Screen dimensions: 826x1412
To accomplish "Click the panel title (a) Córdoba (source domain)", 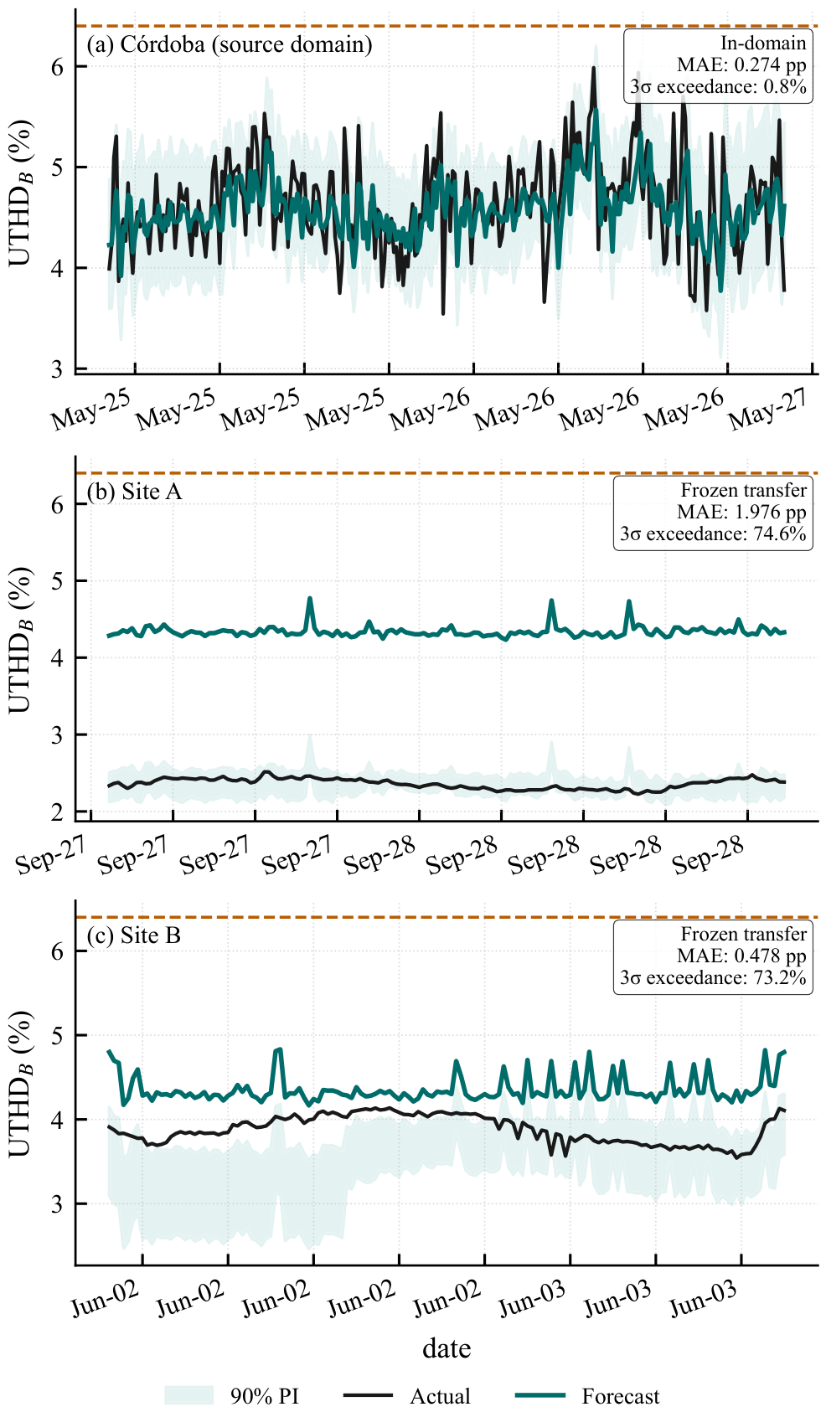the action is pos(230,44).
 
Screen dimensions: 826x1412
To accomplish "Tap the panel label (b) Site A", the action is pos(134,492).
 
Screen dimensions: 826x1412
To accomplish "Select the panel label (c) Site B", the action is pos(134,935).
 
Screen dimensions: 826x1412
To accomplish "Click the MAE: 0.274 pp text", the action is pos(741,65).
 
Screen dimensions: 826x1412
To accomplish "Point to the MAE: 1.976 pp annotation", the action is pos(741,512).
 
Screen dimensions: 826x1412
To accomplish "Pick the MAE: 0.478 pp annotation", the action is pos(741,956).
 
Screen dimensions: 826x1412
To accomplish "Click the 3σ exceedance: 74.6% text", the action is pos(713,534).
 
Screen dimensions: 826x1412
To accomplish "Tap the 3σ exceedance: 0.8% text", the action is pos(718,86).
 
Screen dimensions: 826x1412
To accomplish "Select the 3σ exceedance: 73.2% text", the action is pos(713,977).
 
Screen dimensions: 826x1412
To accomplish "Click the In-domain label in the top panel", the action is pos(763,43).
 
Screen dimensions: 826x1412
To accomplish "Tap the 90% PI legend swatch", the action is pos(189,1396).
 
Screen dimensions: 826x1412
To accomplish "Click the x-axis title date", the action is pos(447,1349).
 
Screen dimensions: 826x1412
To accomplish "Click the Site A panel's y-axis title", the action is pos(20,640).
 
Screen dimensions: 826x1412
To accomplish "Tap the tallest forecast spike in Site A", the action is pos(310,598).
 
